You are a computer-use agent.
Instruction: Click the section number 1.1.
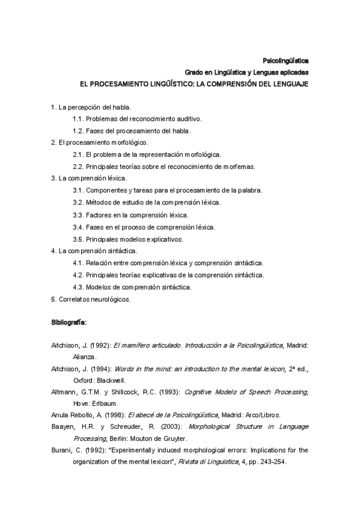tap(77, 118)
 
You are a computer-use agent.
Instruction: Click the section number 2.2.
tap(77, 167)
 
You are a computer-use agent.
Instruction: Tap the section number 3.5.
tap(77, 239)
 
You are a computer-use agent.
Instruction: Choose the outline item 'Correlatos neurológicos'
tap(93, 298)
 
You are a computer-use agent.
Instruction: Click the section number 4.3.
tap(77, 287)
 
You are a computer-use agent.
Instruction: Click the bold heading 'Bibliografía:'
tap(69, 323)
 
